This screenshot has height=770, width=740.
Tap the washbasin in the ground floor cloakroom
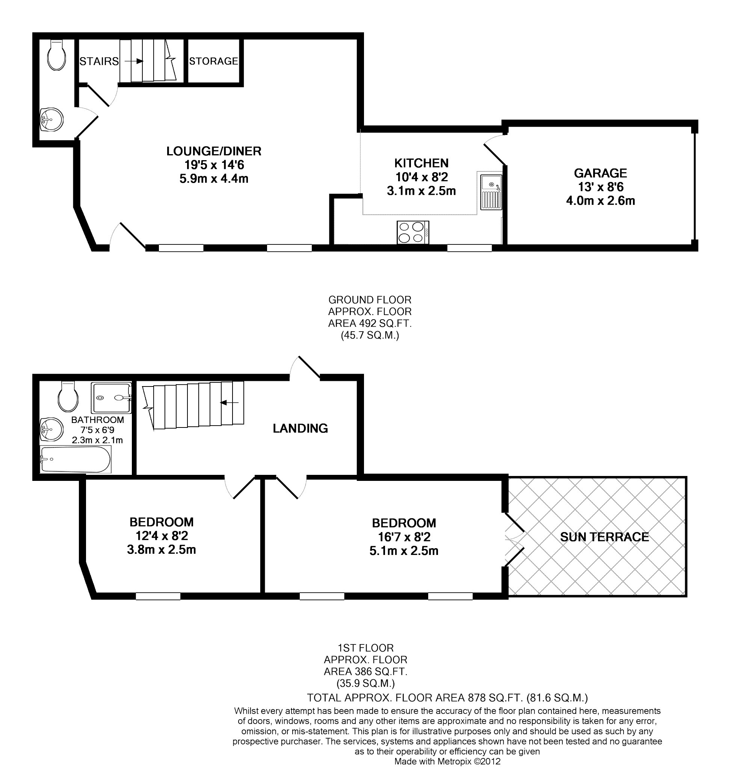coord(51,120)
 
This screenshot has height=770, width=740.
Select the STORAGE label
coord(214,61)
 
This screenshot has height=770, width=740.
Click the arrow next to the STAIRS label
coord(133,61)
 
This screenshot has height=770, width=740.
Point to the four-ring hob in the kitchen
coord(412,232)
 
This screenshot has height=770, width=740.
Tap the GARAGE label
coord(600,173)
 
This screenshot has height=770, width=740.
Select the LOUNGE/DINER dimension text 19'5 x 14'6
coord(214,165)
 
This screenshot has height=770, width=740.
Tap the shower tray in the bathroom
coord(112,397)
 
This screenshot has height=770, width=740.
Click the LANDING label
coord(300,428)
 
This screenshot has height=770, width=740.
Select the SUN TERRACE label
coord(604,537)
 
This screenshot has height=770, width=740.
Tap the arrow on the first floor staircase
coord(230,402)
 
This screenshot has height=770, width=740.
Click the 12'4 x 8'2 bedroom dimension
coord(162,536)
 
